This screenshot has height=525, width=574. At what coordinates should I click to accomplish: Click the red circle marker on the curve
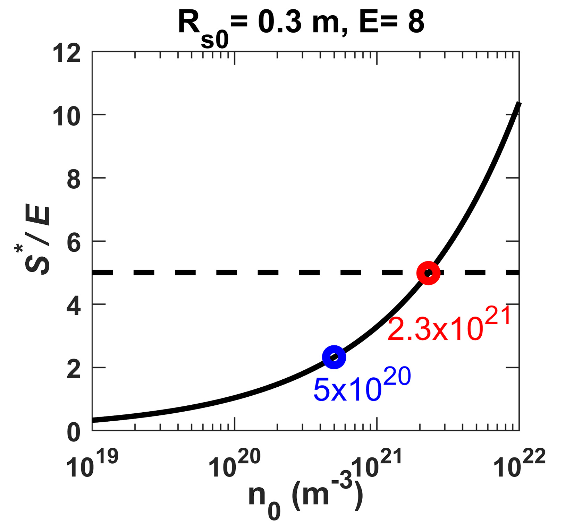pos(428,273)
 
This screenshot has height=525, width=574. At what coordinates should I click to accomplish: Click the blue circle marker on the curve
pos(334,357)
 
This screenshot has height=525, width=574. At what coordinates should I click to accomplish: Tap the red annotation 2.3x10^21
pos(449,325)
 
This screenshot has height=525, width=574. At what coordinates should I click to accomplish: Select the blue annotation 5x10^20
pos(362,385)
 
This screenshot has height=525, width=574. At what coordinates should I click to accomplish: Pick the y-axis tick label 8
pos(74,180)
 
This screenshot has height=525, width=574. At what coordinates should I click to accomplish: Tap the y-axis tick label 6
pos(74,243)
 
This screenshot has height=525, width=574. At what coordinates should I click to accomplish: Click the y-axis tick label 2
pos(74,370)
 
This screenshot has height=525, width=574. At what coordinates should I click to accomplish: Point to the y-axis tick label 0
pos(74,433)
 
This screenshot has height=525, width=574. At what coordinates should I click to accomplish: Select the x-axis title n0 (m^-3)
pos(305,496)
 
